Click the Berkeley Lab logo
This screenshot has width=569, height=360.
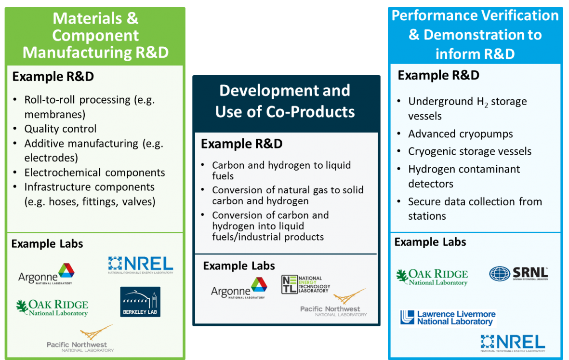pyautogui.click(x=140, y=302)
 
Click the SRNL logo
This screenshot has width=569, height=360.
pyautogui.click(x=518, y=274)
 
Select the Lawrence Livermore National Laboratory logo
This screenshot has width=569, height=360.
pyautogui.click(x=447, y=318)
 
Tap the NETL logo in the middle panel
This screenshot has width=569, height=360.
pyautogui.click(x=305, y=284)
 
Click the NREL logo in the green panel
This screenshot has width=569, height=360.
pyautogui.click(x=141, y=265)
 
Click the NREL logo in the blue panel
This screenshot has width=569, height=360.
pyautogui.click(x=513, y=343)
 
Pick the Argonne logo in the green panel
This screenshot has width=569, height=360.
pyautogui.click(x=46, y=274)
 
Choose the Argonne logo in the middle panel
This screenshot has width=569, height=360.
pyautogui.click(x=239, y=288)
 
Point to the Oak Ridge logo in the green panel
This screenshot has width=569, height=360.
pyautogui.click(x=52, y=307)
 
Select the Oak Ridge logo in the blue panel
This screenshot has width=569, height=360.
pyautogui.click(x=432, y=277)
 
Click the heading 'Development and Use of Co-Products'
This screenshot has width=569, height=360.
pyautogui.click(x=285, y=101)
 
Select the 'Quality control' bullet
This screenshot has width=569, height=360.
pyautogui.click(x=60, y=129)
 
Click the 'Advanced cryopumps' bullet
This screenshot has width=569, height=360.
pyautogui.click(x=460, y=134)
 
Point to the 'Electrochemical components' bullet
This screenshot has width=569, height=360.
pyautogui.click(x=94, y=173)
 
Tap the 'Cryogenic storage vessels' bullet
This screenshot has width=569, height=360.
pyautogui.click(x=469, y=151)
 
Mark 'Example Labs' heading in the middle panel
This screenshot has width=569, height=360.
pyautogui.click(x=239, y=266)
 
